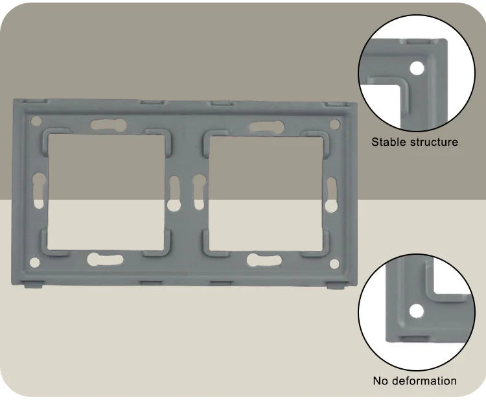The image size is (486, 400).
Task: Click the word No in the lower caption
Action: tap(380, 381)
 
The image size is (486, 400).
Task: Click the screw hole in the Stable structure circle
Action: tap(417, 68)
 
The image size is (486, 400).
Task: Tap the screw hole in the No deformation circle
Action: tap(416, 311)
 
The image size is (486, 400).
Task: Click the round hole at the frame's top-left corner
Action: tap(36, 121)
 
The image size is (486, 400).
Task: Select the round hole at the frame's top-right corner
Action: tap(335, 124)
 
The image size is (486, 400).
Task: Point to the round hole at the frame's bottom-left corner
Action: tap(35, 263)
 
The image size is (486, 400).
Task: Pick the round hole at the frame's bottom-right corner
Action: tap(334, 264)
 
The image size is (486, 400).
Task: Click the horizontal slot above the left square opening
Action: tap(108, 124)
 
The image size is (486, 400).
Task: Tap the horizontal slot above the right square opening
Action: tap(267, 126)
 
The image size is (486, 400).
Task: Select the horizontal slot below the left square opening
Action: tap(105, 259)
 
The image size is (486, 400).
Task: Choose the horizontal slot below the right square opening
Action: tap(264, 260)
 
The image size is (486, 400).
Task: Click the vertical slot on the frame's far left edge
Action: tap(39, 191)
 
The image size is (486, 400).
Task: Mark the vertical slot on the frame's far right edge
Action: tap(331, 194)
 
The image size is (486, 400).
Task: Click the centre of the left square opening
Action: tap(106, 192)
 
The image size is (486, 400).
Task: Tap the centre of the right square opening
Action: tap(266, 193)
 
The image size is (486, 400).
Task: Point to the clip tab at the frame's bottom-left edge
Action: tap(32, 284)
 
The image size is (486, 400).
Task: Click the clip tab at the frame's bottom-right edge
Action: tap(336, 285)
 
